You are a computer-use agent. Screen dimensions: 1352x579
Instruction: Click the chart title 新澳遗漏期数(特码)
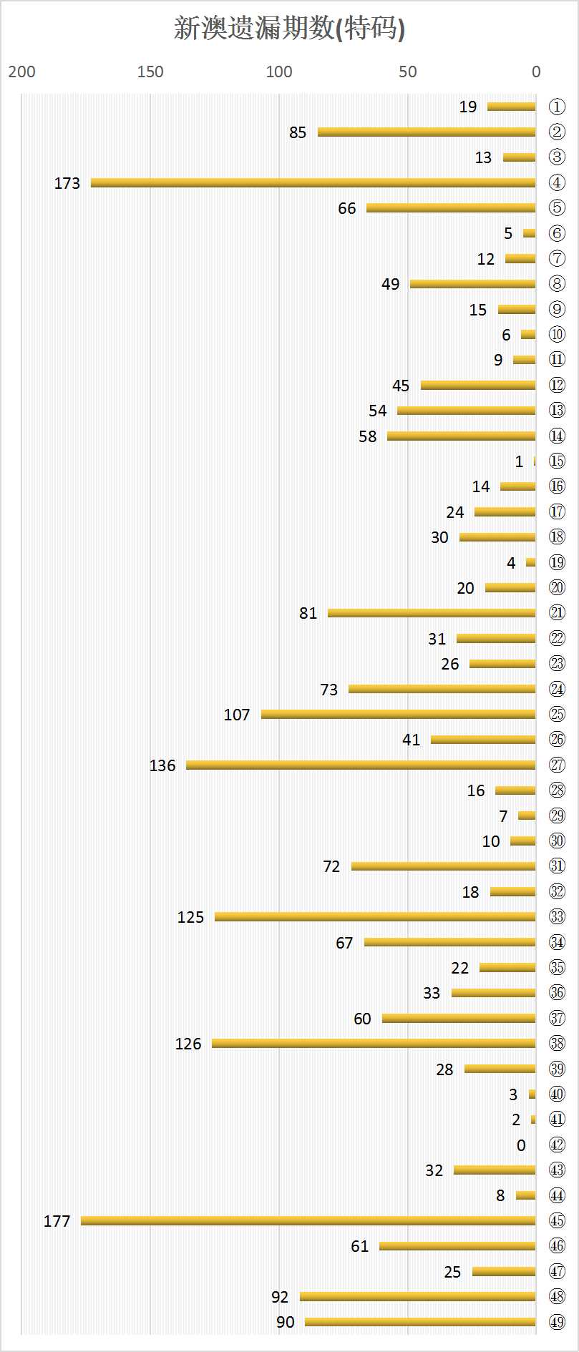[x=289, y=29]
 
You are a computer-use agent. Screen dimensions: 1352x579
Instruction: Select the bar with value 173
[x=313, y=183]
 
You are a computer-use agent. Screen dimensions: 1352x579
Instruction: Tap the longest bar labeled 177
[x=308, y=1220]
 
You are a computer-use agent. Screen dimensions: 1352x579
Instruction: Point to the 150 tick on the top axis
[x=150, y=72]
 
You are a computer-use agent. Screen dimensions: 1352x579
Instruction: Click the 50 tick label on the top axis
[x=407, y=72]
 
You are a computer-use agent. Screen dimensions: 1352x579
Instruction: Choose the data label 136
[x=162, y=765]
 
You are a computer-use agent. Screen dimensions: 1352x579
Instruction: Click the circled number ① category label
[x=557, y=107]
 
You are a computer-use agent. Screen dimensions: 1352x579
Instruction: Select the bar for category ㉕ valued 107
[x=398, y=714]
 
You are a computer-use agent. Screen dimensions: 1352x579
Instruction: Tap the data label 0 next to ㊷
[x=521, y=1145]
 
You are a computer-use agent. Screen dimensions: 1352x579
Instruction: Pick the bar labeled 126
[x=374, y=1044]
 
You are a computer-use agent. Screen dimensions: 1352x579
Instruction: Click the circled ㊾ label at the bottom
[x=557, y=1322]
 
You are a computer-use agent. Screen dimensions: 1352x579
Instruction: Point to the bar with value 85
[x=427, y=132]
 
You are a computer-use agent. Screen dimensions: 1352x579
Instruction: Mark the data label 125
[x=190, y=917]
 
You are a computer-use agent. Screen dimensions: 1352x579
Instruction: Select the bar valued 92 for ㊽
[x=417, y=1296]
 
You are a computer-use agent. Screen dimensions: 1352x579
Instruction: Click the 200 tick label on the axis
[x=21, y=72]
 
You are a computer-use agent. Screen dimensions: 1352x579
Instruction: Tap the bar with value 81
[x=432, y=613]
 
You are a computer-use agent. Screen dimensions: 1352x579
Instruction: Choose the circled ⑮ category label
[x=557, y=461]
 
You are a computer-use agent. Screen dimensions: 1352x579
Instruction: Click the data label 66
[x=347, y=208]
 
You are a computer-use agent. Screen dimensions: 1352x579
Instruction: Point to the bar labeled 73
[x=442, y=689]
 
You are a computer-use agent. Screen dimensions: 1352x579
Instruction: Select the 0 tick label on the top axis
[x=536, y=72]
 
